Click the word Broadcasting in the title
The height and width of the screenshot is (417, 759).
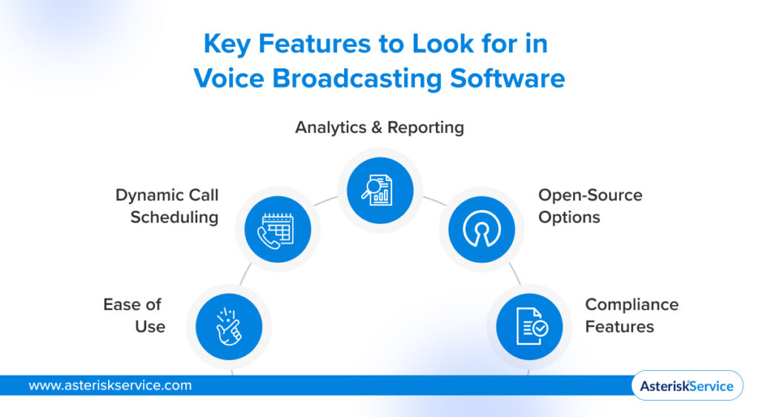tap(357, 79)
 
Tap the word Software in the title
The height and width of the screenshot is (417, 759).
tap(507, 79)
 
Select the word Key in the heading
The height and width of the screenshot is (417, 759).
tap(227, 44)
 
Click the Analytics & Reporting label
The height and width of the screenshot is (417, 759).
tap(379, 128)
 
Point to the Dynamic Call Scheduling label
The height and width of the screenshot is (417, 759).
tap(167, 206)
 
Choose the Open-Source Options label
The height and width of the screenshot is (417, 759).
tap(590, 206)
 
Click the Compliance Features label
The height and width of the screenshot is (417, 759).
tap(632, 315)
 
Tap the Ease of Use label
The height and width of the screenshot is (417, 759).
tap(134, 315)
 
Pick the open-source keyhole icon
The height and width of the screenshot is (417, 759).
tap(482, 229)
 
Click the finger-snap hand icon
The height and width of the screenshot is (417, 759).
tap(228, 327)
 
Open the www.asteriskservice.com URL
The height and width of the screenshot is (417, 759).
tap(110, 386)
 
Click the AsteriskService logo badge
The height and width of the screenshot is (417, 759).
tap(687, 386)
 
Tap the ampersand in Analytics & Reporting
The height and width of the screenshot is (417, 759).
tap(377, 128)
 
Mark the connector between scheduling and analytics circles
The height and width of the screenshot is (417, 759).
tap(325, 200)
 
